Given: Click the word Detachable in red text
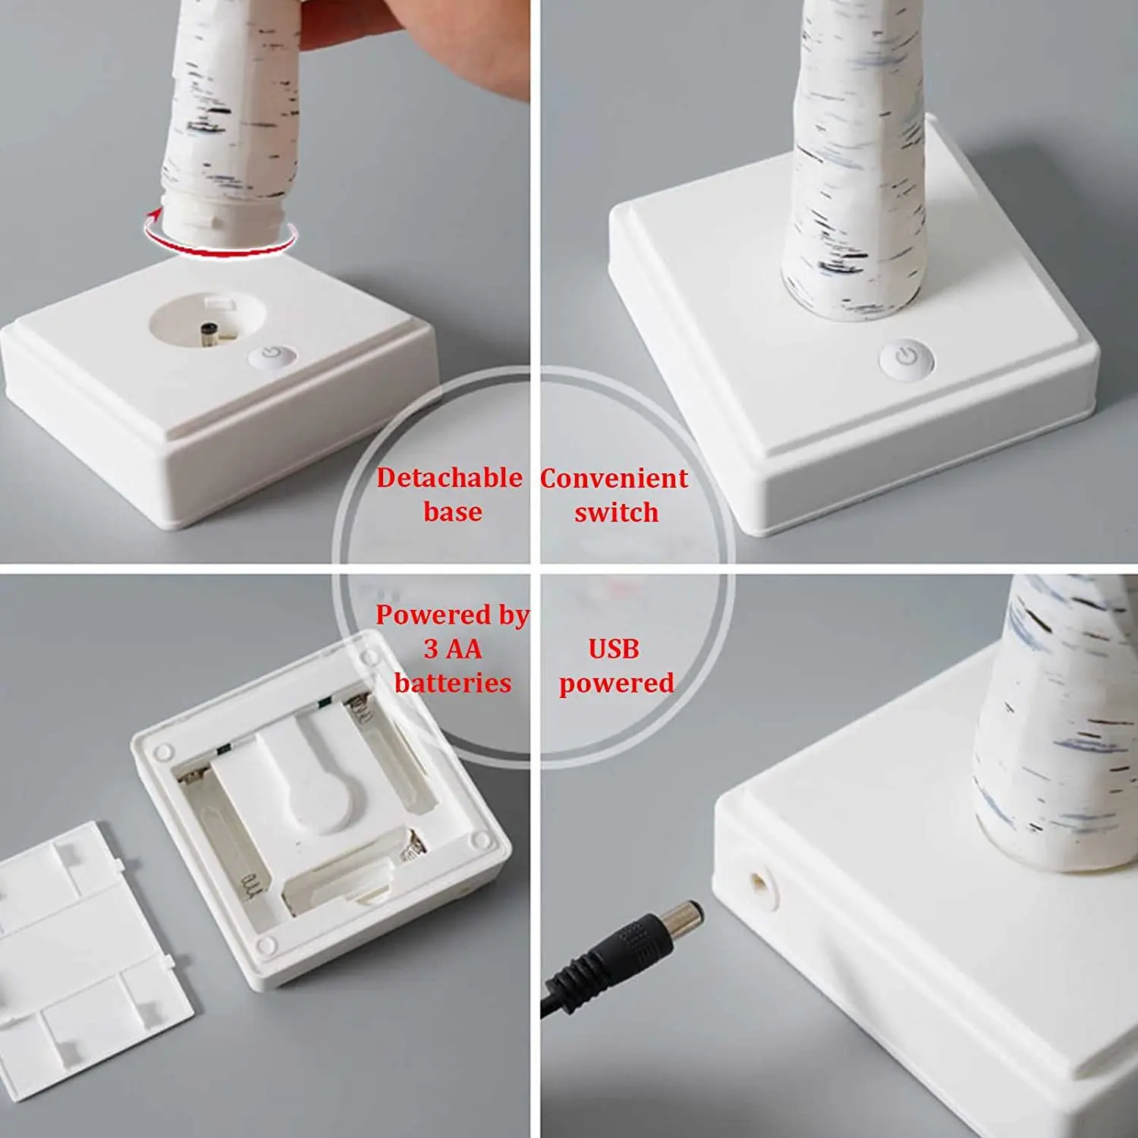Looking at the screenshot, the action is point(449,478).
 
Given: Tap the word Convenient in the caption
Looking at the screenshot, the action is point(614,479).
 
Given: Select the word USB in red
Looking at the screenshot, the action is point(614,649).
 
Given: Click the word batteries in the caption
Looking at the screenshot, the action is point(453,683).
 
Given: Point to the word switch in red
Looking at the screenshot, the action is point(616,513).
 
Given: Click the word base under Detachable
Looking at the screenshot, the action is point(453,512).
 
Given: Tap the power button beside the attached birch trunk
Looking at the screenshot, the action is point(907,358).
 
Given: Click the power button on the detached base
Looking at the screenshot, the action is point(271,356).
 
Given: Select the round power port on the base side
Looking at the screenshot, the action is point(759,884).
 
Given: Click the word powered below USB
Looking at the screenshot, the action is point(616,683).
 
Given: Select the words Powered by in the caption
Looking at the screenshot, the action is point(452,615).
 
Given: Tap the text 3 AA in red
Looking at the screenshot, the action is point(453,649).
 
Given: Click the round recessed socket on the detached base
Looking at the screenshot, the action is point(207,320).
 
